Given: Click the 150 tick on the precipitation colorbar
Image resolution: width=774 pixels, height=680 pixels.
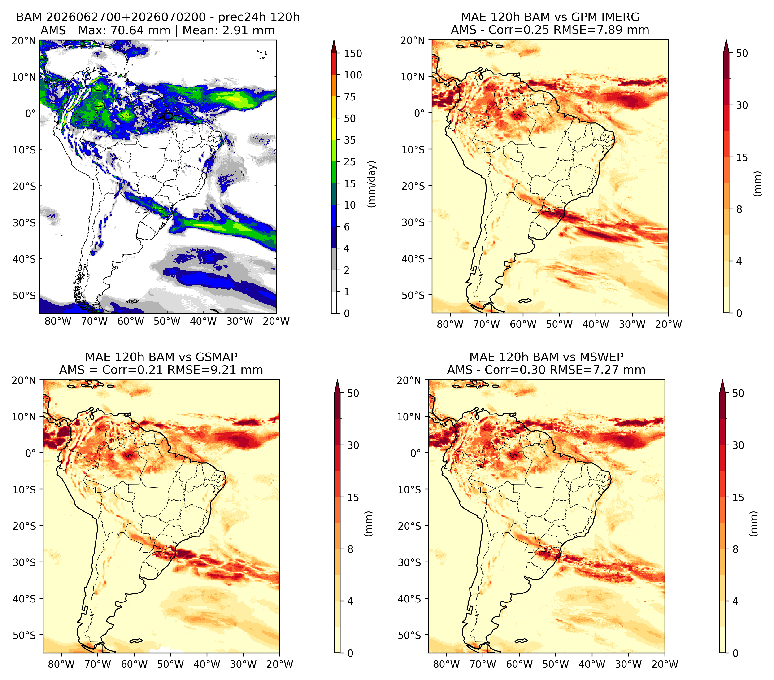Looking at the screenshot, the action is pos(352,53).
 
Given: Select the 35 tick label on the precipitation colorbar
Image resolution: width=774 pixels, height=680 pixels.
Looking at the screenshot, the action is pos(349,140).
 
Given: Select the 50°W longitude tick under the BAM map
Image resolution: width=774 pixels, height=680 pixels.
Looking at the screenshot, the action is pos(167,321).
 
